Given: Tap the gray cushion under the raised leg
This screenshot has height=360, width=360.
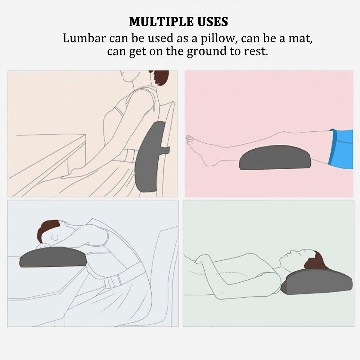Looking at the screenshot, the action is pos(275,158).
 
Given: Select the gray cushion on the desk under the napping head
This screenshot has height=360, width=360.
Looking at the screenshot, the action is pos(53,257).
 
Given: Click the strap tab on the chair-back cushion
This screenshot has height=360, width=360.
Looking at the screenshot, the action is pos(165,149).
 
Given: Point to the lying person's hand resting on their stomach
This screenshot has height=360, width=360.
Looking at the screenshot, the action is pos(203,260).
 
